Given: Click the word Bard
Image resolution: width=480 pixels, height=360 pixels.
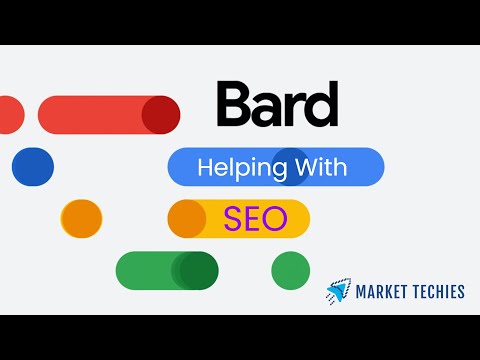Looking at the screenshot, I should point(276,106).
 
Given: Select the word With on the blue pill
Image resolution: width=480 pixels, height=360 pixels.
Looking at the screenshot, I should point(320,168).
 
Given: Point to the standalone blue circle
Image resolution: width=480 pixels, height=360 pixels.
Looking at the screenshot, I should point(33,166).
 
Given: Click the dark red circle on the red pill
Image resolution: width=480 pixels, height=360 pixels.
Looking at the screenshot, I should point(160,114).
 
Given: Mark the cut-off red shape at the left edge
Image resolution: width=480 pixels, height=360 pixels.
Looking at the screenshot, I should point(10,114).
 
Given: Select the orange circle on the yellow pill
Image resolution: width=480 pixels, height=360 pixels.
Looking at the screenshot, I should point(186,218).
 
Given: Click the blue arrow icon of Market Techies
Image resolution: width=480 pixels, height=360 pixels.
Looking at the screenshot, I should point(338,292).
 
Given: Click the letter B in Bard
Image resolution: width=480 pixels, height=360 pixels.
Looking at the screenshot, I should point(233,106).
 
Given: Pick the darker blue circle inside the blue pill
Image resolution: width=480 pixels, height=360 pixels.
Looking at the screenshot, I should point(290,166).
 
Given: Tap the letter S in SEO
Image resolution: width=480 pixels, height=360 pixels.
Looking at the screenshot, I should point(232,218).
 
